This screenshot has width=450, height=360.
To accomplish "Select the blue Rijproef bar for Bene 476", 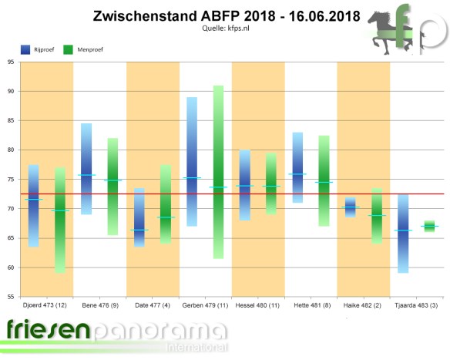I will [86, 168].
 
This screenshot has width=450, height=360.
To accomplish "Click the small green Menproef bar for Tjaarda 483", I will [429, 226].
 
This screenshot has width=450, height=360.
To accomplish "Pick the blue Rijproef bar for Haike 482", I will [350, 207].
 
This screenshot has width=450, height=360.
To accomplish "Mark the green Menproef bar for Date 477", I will [166, 204].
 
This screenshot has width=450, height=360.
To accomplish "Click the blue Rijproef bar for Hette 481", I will [297, 167].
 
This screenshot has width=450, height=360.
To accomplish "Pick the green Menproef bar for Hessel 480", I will [270, 183].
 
